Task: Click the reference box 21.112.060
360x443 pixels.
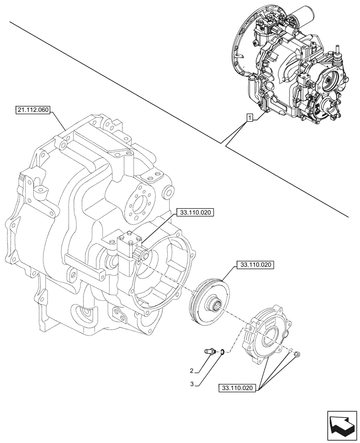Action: click(x=33, y=108)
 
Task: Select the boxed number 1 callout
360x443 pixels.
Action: click(x=250, y=118)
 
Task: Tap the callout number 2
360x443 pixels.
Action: click(x=191, y=370)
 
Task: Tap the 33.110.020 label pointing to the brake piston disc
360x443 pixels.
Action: click(x=255, y=265)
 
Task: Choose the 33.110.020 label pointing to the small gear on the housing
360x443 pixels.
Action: click(x=195, y=213)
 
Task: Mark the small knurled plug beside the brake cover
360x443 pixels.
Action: click(x=297, y=354)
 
